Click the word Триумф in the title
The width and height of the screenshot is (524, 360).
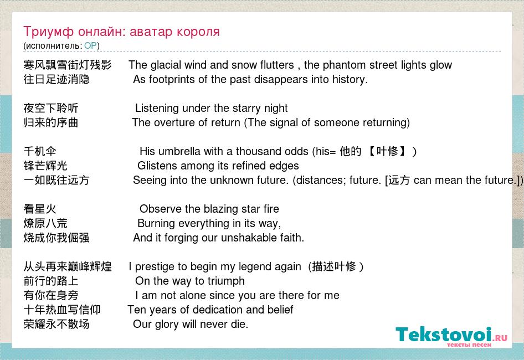click(48, 32)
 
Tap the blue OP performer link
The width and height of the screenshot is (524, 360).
click(90, 45)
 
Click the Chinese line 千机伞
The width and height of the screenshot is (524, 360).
click(40, 151)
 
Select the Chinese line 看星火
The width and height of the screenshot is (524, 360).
click(40, 209)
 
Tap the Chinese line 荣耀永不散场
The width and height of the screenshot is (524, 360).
click(56, 324)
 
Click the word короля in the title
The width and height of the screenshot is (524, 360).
click(198, 32)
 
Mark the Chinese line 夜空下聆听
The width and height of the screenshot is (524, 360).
click(51, 109)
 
